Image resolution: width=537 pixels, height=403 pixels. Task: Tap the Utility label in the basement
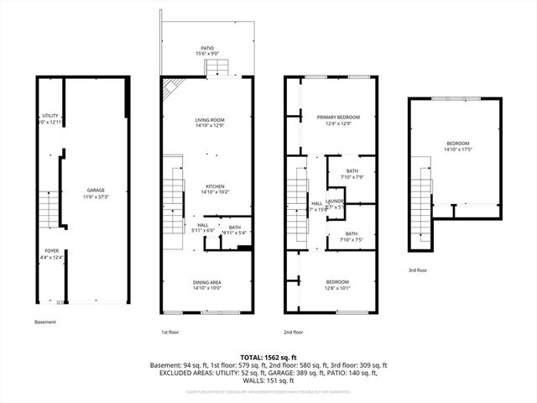[x=50, y=119]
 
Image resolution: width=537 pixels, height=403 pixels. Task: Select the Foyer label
[x=52, y=253]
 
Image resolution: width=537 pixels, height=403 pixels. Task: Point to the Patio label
[x=206, y=51]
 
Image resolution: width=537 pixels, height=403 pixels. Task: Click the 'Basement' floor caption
[x=46, y=322]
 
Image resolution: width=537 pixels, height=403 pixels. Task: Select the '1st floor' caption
[x=170, y=332]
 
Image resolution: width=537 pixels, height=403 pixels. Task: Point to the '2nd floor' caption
[x=295, y=332]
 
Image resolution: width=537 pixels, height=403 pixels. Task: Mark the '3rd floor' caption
[x=418, y=270]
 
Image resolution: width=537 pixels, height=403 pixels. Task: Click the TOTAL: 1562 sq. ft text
[x=268, y=356]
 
